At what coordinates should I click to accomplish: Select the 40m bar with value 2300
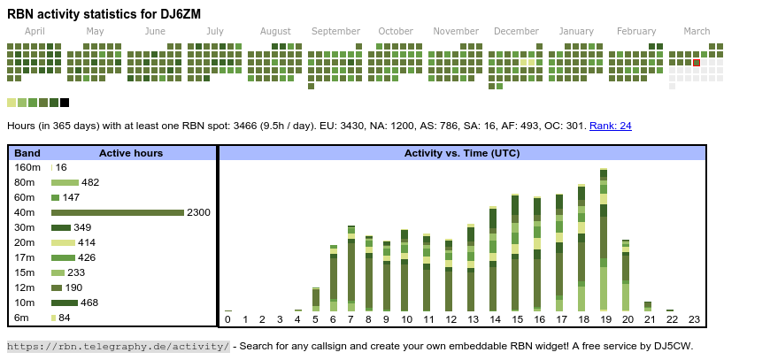click(x=118, y=212)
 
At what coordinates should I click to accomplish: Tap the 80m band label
click(x=26, y=182)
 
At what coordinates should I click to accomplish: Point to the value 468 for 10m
click(x=90, y=303)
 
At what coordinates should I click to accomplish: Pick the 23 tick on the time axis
click(x=694, y=319)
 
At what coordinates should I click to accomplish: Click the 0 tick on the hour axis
click(x=227, y=319)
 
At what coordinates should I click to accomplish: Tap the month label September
click(x=335, y=31)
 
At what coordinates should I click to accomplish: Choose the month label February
click(x=636, y=31)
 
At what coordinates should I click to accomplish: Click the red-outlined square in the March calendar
click(x=697, y=63)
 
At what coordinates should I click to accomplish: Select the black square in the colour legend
click(x=65, y=103)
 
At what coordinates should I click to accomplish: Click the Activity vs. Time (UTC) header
click(x=462, y=153)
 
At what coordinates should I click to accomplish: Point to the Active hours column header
click(x=131, y=153)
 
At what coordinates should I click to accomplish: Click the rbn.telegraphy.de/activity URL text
click(x=119, y=346)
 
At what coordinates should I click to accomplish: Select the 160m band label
click(x=27, y=167)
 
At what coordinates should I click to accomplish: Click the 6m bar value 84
click(x=65, y=318)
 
